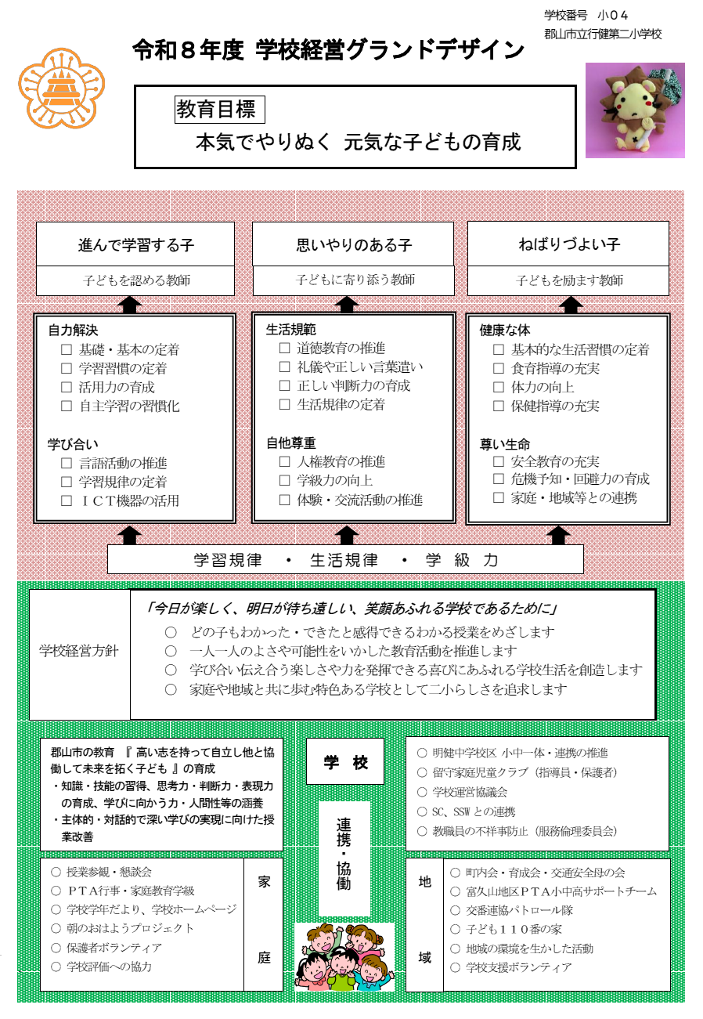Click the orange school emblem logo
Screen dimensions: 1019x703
pyautogui.click(x=61, y=89)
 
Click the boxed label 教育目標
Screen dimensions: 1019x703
pyautogui.click(x=220, y=110)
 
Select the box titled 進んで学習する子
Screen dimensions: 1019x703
pyautogui.click(x=135, y=244)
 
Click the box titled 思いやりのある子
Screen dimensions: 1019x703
pyautogui.click(x=353, y=244)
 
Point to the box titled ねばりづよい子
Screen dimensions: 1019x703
pyautogui.click(x=568, y=244)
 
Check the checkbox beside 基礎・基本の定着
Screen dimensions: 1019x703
pyautogui.click(x=67, y=350)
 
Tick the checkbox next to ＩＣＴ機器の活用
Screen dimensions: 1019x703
pyautogui.click(x=67, y=501)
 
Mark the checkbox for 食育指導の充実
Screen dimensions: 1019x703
pyautogui.click(x=499, y=369)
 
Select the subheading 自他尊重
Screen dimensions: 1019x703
pyautogui.click(x=291, y=443)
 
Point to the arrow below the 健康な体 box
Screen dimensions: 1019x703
pyautogui.click(x=557, y=534)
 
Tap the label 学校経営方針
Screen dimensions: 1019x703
pyautogui.click(x=79, y=651)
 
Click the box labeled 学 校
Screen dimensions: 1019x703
pyautogui.click(x=345, y=762)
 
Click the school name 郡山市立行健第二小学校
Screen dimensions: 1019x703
pyautogui.click(x=603, y=34)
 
